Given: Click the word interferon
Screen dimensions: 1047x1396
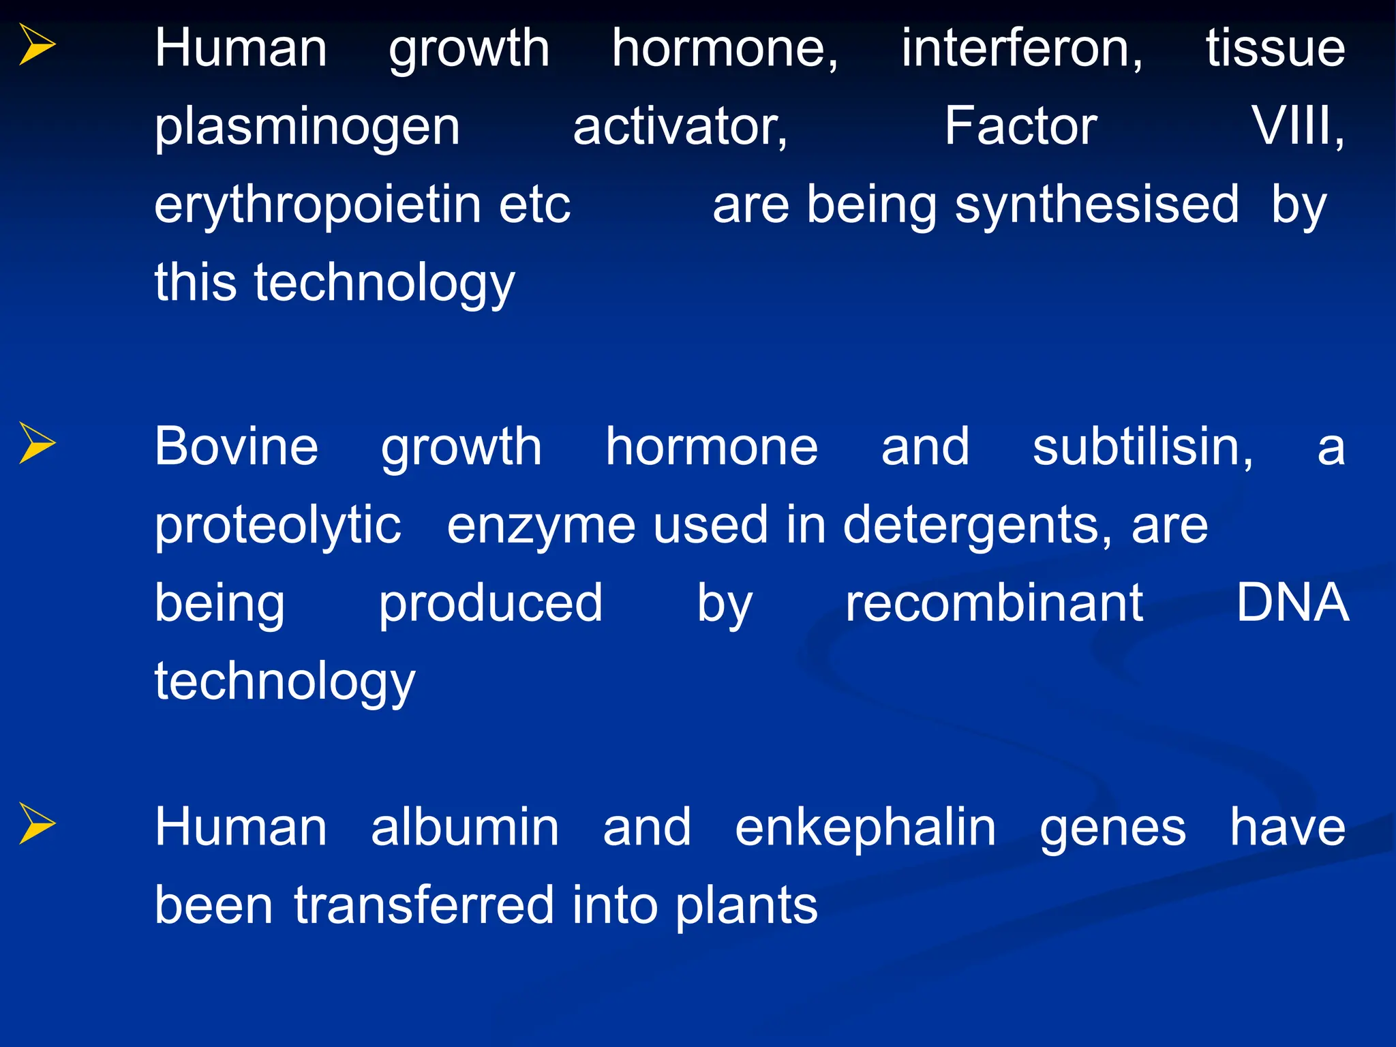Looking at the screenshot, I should click(x=1021, y=48).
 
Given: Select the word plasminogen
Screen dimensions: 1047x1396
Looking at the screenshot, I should click(x=307, y=128).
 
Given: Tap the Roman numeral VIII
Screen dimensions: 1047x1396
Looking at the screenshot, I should click(x=1296, y=127).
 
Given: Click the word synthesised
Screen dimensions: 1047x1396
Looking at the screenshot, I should click(x=1096, y=206).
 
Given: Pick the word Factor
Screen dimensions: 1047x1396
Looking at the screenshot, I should click(x=1020, y=127).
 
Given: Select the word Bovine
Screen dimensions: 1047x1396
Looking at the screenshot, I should click(x=237, y=446).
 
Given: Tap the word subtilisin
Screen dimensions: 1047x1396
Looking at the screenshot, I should click(x=1142, y=446).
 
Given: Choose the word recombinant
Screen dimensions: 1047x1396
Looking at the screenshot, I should click(x=994, y=603).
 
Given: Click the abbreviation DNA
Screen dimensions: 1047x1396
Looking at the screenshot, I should click(x=1292, y=603).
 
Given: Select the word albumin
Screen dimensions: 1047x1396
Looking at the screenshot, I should click(x=465, y=828).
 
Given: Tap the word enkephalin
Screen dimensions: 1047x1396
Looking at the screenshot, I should click(x=865, y=828).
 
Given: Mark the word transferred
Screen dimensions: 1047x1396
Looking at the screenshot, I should click(x=424, y=906).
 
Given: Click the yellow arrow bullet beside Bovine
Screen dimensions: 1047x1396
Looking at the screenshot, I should click(x=37, y=443).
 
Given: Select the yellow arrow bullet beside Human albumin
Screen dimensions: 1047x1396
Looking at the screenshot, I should click(x=37, y=823).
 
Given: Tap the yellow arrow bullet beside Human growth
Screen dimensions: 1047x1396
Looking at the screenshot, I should click(x=37, y=44).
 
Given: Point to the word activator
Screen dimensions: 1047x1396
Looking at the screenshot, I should click(x=680, y=127).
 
